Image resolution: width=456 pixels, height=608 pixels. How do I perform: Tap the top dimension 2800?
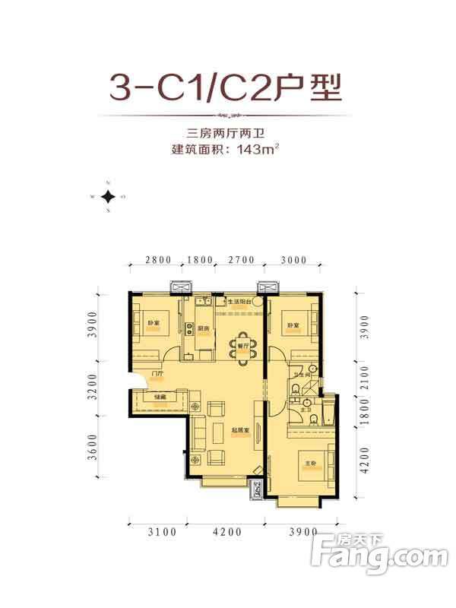click(x=157, y=261)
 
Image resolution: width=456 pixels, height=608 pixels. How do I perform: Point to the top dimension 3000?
click(x=293, y=261)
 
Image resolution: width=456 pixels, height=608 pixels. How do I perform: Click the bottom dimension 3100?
click(x=158, y=531)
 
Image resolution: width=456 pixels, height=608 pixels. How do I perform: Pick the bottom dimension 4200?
click(x=224, y=531)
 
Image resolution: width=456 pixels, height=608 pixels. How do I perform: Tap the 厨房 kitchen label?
click(x=202, y=329)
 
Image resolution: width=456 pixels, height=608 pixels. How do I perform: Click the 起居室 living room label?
click(x=242, y=429)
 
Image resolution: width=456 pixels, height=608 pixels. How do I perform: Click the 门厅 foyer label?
click(x=157, y=374)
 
